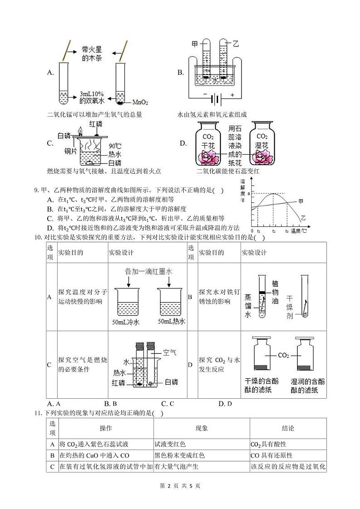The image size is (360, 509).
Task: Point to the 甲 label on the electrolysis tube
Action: tap(195, 44)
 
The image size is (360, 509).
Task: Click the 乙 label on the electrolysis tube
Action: tap(236, 44)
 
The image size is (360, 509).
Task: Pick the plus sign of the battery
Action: tap(233, 95)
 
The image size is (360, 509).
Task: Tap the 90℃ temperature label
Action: tap(115, 146)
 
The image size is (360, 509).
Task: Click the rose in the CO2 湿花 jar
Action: tap(262, 157)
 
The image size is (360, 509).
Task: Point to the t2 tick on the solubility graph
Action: tap(274, 231)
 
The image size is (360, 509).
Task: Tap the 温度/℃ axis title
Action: tap(299, 231)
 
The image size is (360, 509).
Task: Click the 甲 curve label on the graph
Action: tap(302, 200)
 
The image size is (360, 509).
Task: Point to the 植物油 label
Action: tap(275, 291)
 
